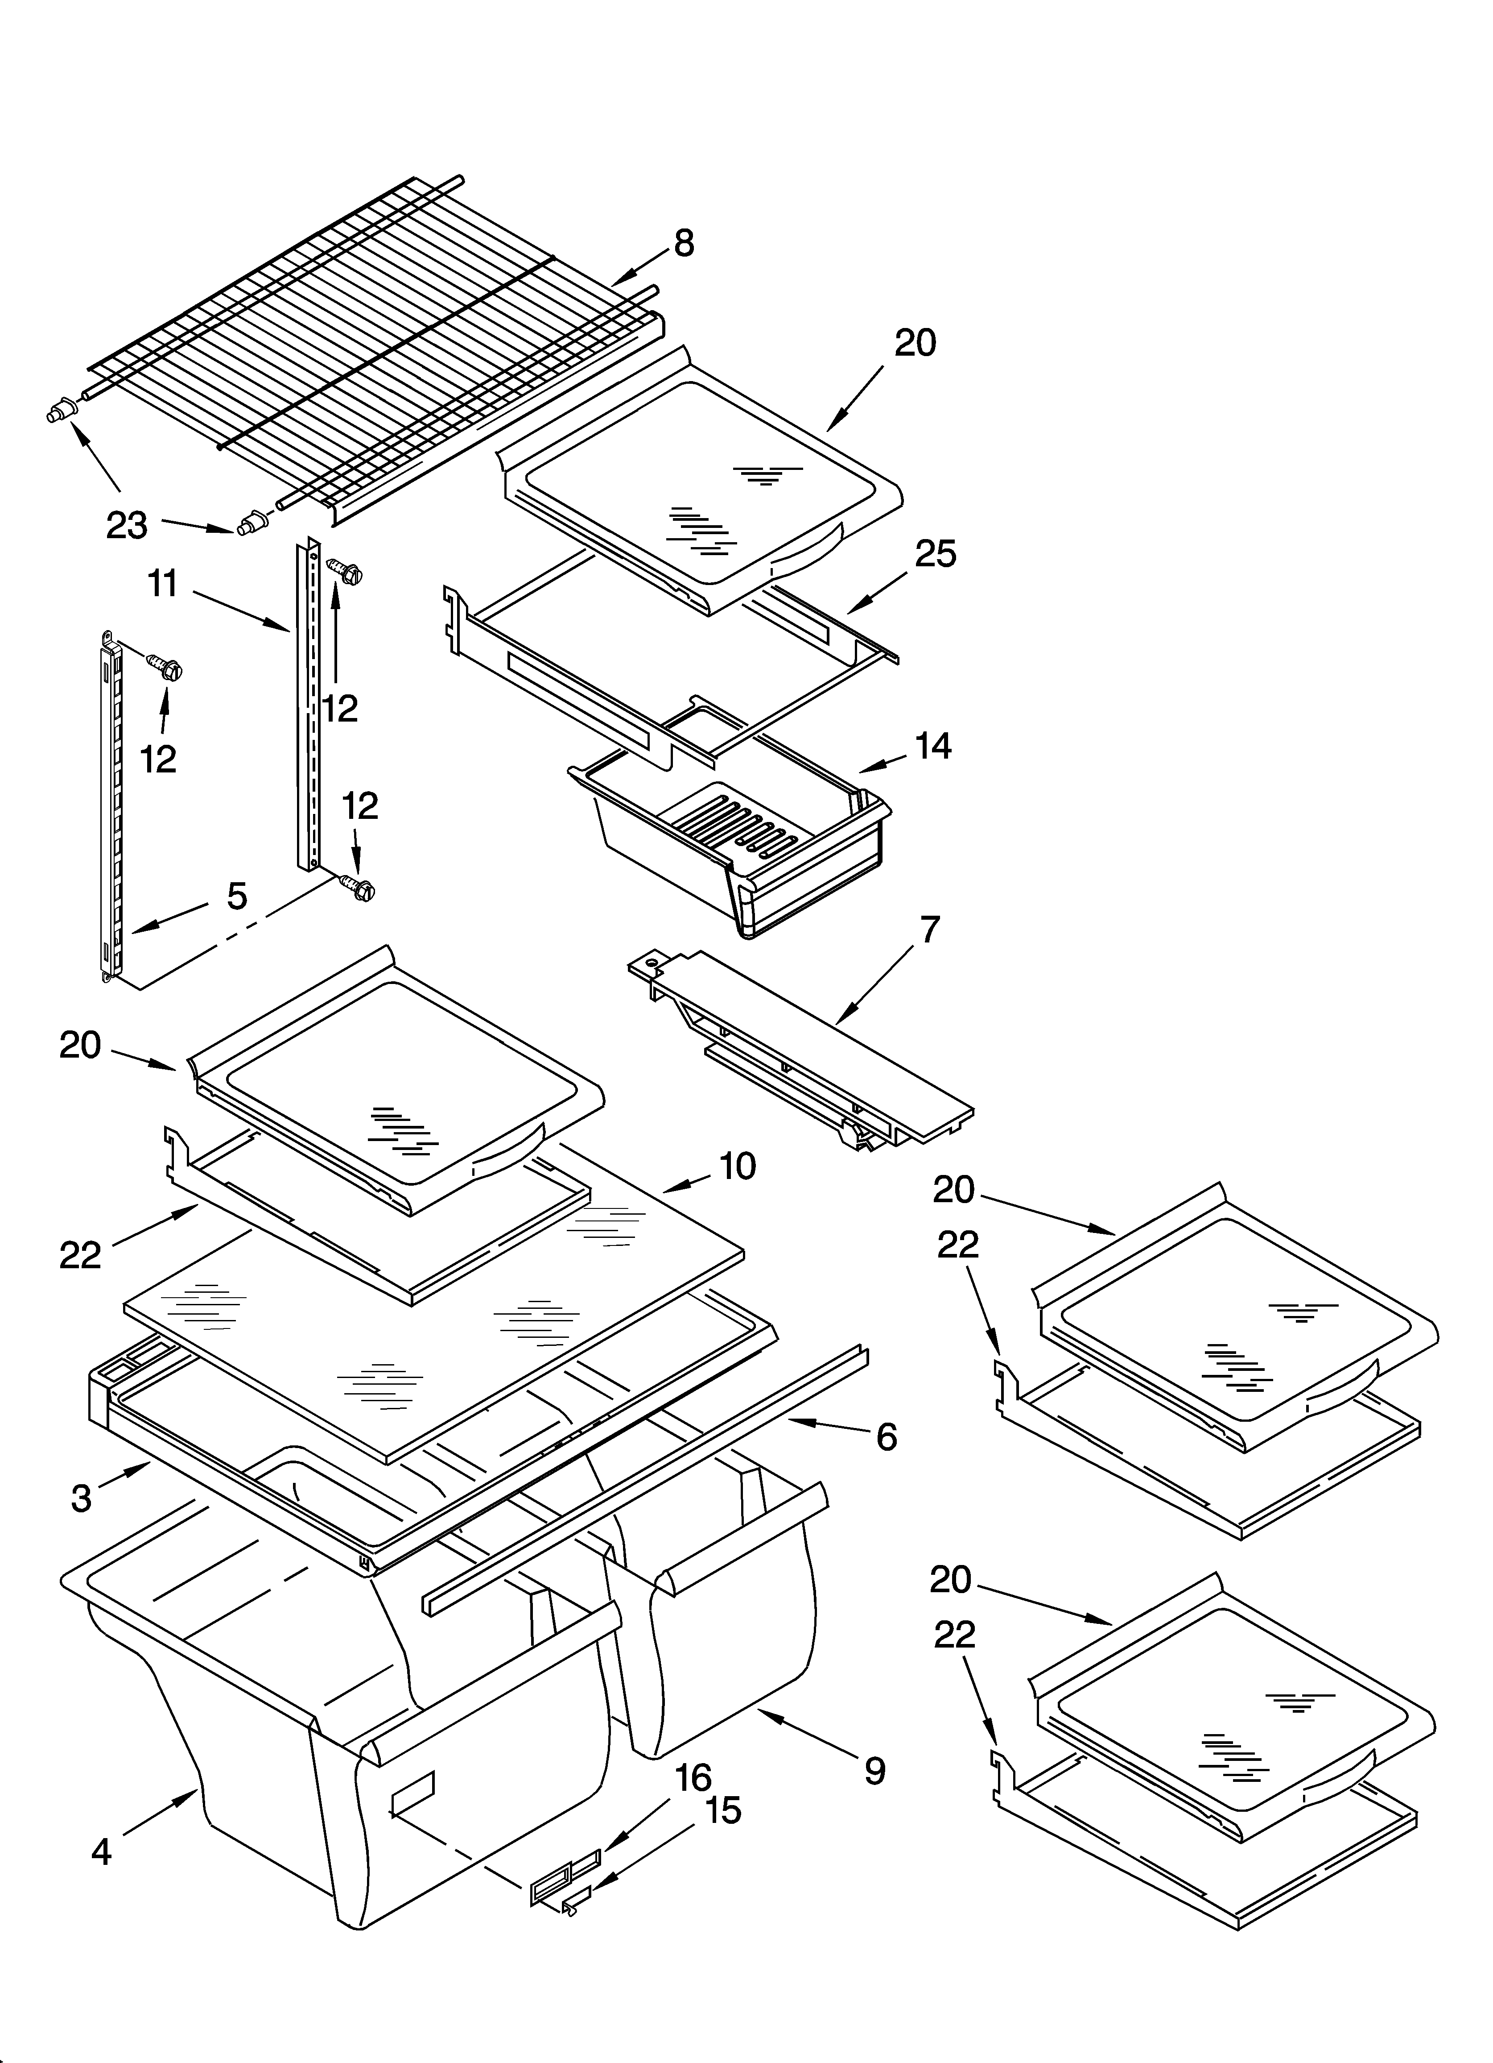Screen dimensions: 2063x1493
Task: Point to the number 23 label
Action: coord(126,525)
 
